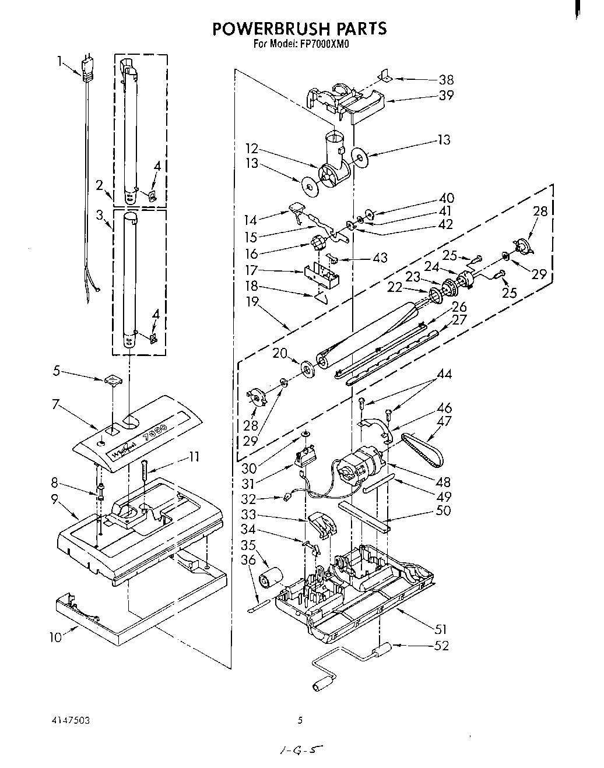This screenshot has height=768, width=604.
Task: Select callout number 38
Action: tap(445, 80)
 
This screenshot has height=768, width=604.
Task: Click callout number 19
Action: tap(252, 302)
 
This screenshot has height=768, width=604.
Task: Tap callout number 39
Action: tap(445, 96)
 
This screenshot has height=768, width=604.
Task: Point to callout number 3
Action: tap(100, 214)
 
